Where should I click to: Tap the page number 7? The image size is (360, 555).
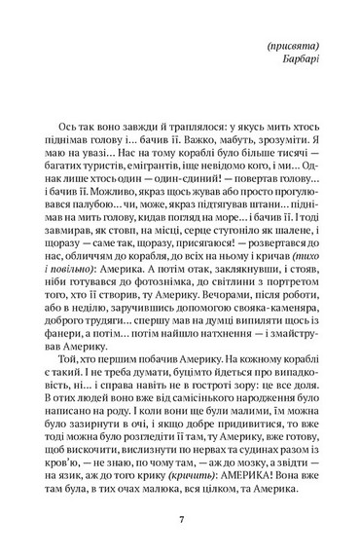(x=180, y=520)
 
